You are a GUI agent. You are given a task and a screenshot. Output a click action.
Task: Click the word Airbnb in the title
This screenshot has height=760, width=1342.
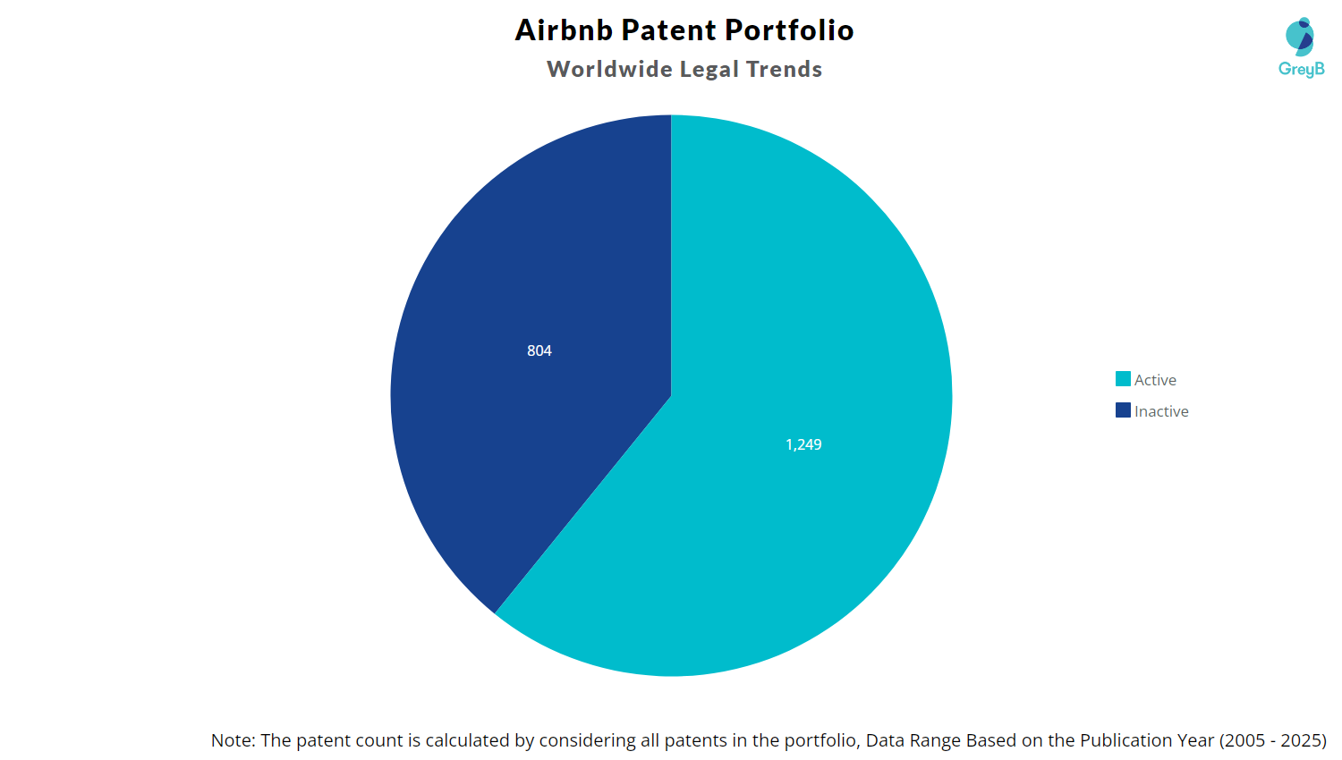564,30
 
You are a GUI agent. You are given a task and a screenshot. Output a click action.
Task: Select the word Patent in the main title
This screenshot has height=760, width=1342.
668,30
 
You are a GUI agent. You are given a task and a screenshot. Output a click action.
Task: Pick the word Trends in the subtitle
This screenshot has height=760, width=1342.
784,70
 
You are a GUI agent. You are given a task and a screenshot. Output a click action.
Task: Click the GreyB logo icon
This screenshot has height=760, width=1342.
1300,37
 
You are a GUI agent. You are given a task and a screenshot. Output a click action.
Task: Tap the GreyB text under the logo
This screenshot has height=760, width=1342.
1301,69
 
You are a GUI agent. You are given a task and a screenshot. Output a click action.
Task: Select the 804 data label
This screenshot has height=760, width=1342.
539,350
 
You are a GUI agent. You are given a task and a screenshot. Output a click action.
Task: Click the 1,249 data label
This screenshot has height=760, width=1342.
803,444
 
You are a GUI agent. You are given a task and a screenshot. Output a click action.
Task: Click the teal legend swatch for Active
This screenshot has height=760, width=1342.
1123,379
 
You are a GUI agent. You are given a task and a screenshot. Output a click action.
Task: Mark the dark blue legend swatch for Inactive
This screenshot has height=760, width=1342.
1123,410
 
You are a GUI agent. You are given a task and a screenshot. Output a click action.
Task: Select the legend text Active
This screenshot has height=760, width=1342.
1155,380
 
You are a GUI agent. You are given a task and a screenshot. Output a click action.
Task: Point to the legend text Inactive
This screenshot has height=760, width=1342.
1161,411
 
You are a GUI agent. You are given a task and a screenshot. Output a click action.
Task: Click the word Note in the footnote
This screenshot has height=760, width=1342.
232,740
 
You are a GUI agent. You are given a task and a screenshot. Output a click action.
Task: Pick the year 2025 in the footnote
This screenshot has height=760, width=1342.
1302,740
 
